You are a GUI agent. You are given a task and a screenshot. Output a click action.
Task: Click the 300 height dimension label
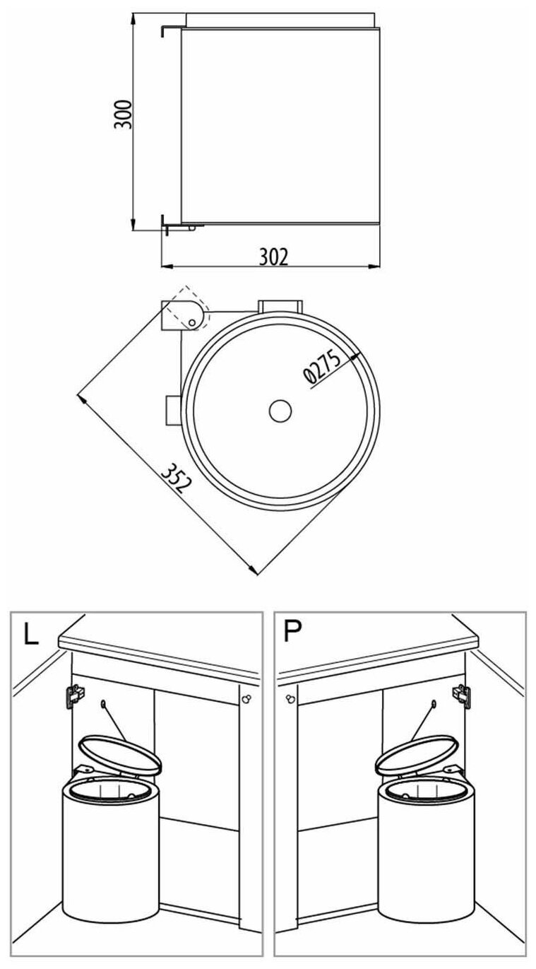[124, 114]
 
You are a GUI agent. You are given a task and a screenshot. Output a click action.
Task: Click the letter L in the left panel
[30, 634]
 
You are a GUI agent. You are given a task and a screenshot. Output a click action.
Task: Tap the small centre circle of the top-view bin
[280, 411]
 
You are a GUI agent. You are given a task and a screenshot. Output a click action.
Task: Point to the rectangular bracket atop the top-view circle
[280, 305]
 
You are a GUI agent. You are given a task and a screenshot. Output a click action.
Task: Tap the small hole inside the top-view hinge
[191, 322]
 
